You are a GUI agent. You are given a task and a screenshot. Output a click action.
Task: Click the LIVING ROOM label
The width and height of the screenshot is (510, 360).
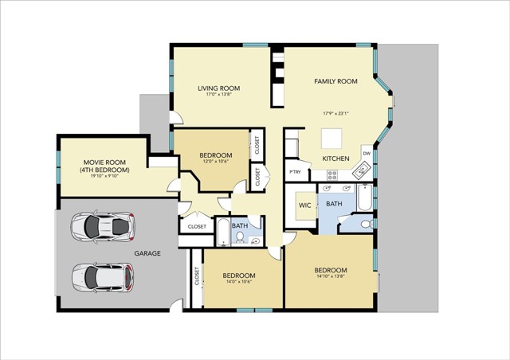[218, 88]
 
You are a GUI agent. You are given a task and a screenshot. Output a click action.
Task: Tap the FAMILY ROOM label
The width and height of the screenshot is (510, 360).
[335, 81]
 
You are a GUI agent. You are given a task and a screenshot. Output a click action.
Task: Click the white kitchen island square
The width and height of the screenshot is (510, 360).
[333, 139]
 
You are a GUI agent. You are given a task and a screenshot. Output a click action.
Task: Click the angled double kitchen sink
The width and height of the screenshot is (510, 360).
[360, 169]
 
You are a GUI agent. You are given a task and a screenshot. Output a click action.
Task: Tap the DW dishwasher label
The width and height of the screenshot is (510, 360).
[367, 153]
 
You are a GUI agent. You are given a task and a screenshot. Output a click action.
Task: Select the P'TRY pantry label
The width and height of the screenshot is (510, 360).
[295, 172]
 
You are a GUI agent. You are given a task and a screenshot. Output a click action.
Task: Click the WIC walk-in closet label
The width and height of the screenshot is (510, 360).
[304, 205]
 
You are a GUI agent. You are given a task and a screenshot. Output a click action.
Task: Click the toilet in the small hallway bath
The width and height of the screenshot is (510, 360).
[254, 241]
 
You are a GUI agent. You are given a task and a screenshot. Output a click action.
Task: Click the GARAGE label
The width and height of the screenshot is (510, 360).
[147, 253]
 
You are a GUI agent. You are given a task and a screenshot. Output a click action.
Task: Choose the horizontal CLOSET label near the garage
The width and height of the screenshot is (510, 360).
[197, 226]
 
